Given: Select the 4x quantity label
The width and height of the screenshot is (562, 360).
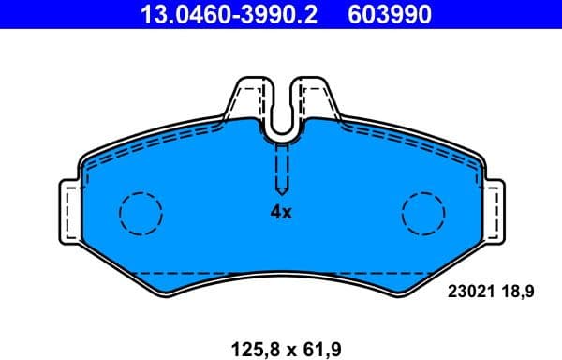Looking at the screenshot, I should (x=281, y=212).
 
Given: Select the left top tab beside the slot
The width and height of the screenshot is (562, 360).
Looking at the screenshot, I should (x=249, y=98).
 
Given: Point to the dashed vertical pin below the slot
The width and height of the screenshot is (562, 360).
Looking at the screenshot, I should (x=281, y=169).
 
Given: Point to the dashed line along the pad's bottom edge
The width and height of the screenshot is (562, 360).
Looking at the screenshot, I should (x=281, y=273).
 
